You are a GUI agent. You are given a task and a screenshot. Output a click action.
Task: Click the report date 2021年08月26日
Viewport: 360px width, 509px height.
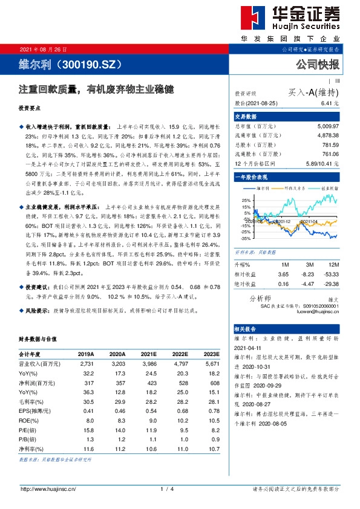(x=44, y=49)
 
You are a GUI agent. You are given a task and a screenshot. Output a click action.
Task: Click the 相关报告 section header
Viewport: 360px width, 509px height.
(x=246, y=329)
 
